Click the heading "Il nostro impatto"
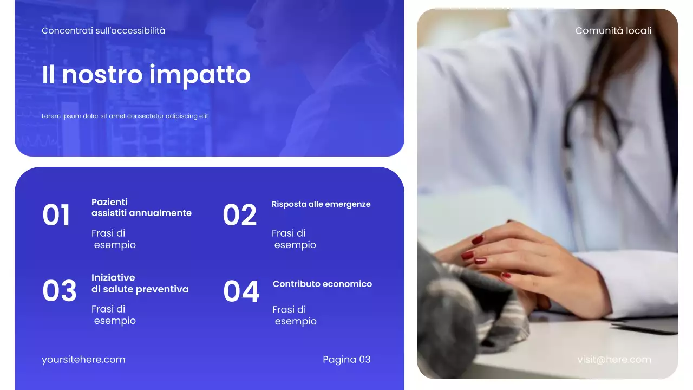tap(146, 74)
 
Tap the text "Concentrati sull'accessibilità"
tap(103, 31)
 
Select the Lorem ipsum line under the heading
tap(125, 116)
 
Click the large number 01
tap(56, 215)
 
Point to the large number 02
tap(239, 215)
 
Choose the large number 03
tap(60, 291)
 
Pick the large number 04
tap(241, 291)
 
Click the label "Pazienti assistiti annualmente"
tap(141, 207)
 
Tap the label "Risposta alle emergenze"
tap(321, 204)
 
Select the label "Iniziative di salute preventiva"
tap(140, 283)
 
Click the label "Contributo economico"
tap(322, 284)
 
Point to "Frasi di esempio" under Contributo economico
tap(294, 315)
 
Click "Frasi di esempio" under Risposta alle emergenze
tap(293, 239)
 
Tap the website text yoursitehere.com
tap(83, 359)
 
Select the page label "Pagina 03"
tap(346, 359)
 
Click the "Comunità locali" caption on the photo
tap(613, 31)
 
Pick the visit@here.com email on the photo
tap(614, 359)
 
